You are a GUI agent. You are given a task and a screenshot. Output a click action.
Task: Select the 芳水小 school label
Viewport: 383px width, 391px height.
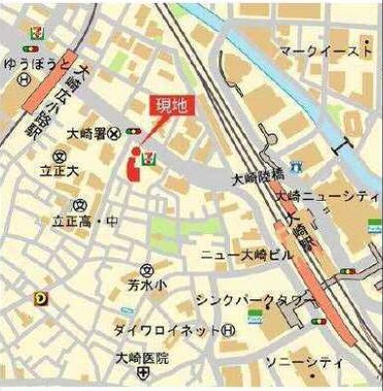[144, 285]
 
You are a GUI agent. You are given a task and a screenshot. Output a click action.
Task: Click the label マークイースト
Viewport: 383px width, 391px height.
[325, 49]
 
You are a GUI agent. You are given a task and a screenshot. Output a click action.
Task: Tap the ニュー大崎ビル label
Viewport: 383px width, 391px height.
[246, 254]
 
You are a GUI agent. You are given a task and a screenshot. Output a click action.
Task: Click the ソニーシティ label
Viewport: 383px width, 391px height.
[312, 361]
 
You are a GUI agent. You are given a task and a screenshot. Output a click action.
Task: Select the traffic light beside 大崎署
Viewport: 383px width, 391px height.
[134, 132]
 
